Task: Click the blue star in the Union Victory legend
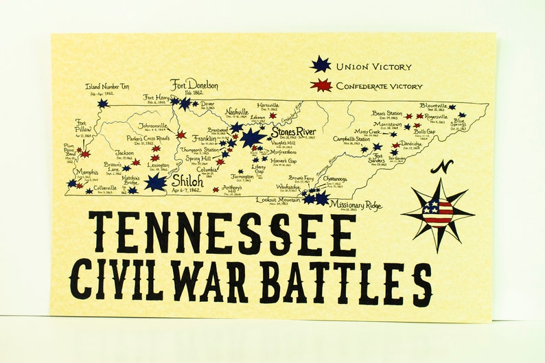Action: tap(320, 65)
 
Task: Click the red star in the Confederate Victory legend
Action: tap(320, 86)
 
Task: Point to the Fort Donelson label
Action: tap(194, 86)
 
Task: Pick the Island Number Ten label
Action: tap(107, 87)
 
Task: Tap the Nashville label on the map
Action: tap(237, 112)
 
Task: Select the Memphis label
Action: tap(86, 172)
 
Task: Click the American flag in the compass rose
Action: tap(438, 213)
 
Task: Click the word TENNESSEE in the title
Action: tap(223, 233)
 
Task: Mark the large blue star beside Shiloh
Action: tap(155, 182)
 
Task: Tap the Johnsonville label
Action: tap(153, 126)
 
